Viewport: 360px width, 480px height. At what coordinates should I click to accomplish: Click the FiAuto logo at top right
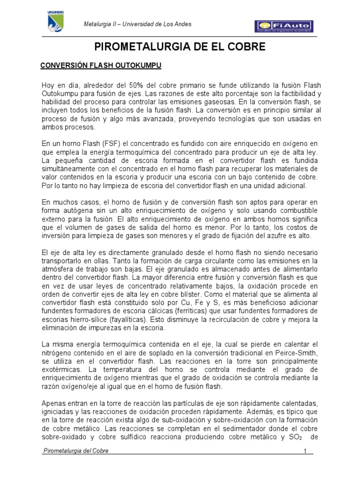tap(284, 27)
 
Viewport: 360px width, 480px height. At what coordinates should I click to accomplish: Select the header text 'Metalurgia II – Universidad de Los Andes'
tap(137, 24)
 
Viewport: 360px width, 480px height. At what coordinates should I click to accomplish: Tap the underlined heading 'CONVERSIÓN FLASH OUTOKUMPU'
tap(102, 67)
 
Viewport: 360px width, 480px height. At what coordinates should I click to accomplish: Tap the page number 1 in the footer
tap(305, 451)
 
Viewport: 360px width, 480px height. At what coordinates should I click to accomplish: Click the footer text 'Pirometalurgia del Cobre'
tap(75, 451)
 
